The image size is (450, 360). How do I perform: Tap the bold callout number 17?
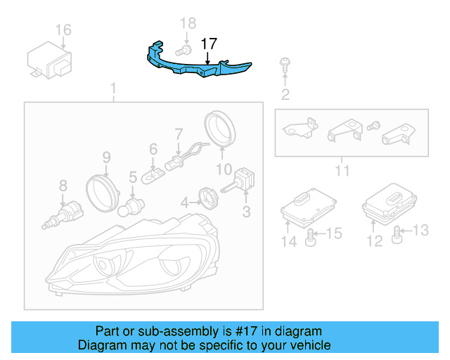click(209, 44)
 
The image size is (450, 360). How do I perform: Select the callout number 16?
click(63, 30)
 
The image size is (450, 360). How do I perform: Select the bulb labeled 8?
click(63, 211)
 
